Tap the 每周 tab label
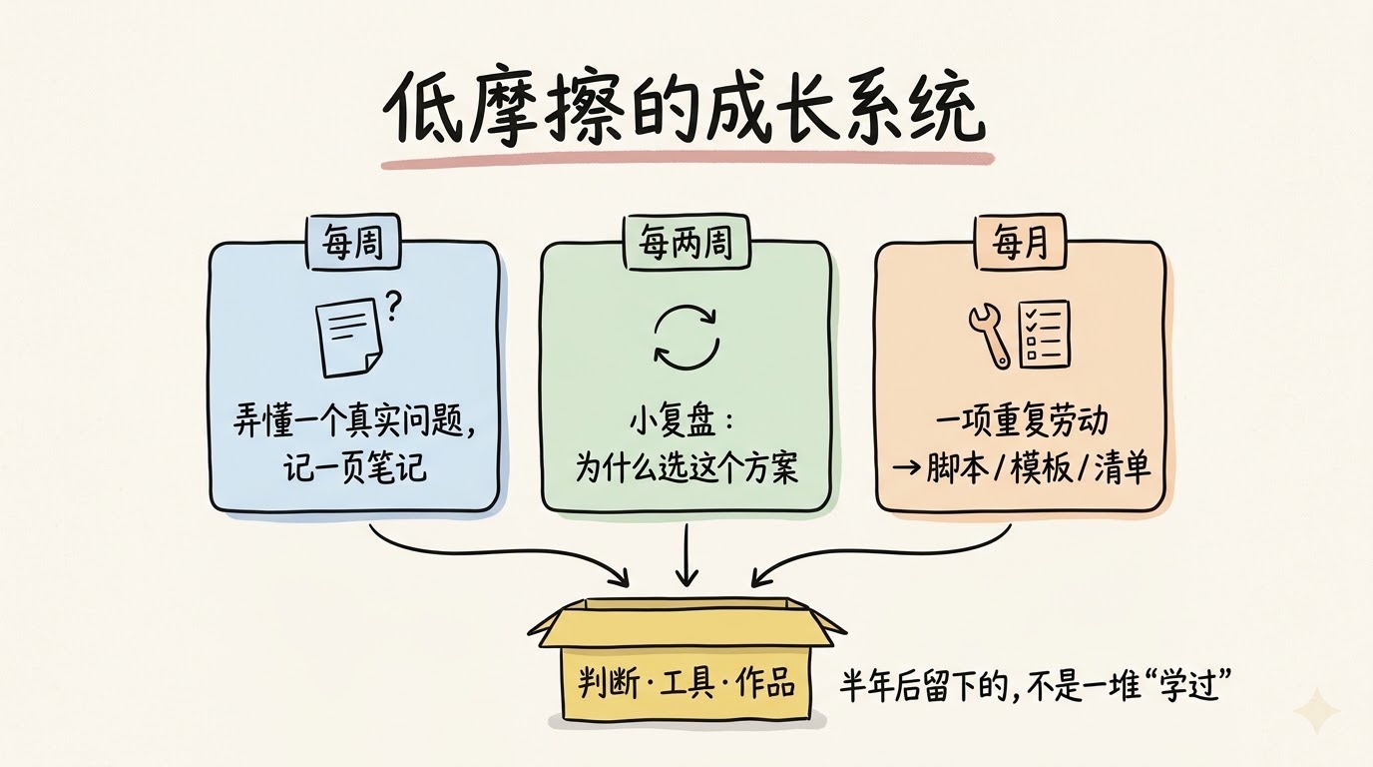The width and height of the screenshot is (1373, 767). tap(353, 243)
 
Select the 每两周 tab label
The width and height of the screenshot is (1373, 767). tap(686, 243)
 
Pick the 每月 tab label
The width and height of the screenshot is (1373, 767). tap(1021, 243)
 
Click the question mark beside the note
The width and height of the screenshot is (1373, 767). tap(393, 306)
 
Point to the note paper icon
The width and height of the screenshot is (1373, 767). tap(348, 337)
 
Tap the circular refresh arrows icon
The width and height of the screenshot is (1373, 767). tap(686, 337)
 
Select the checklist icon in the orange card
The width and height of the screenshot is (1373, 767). tap(1045, 334)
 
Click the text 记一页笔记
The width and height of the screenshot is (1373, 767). tap(354, 467)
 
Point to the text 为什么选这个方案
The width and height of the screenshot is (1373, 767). tap(686, 467)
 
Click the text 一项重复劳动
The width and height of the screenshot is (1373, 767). tap(1022, 421)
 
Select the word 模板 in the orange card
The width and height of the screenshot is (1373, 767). tap(1041, 467)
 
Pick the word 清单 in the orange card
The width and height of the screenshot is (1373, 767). tap(1122, 467)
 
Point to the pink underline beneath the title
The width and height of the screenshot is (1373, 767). tap(686, 160)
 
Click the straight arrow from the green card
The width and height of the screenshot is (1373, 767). tap(686, 555)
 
